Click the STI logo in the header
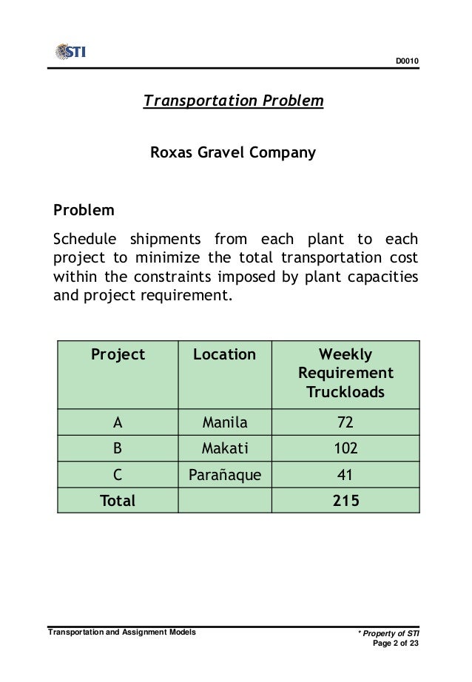coord(71,52)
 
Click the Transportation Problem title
coord(233,100)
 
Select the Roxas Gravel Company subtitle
coord(233,154)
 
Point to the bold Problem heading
coord(84,210)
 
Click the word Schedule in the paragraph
coord(84,240)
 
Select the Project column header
coord(118,355)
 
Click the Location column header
coord(224,355)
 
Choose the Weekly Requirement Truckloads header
coord(345,374)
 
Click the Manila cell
coord(225,424)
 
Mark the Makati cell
coord(225,448)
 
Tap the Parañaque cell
coord(225,475)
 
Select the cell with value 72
coord(345,424)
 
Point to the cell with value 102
coord(345,448)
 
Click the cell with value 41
coord(345,475)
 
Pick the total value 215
coord(345,501)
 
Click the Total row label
coord(118,501)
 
